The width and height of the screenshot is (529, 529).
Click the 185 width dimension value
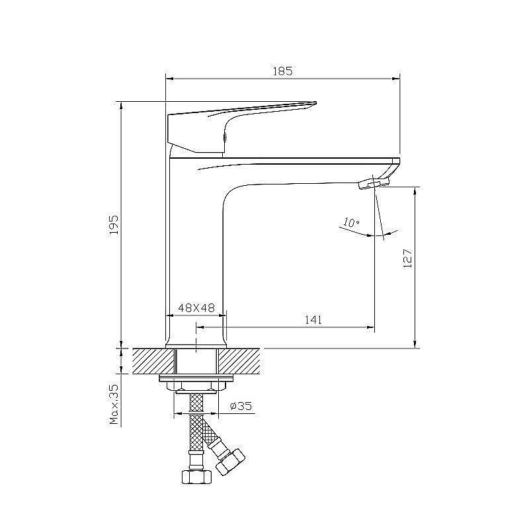[283, 71]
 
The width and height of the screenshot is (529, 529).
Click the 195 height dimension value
[114, 225]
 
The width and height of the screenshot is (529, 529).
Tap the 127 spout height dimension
[407, 259]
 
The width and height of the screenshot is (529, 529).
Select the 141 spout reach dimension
[313, 319]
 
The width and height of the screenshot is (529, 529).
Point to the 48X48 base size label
[196, 307]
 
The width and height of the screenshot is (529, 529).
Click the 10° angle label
[352, 223]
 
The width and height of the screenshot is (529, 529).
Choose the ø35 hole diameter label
[241, 405]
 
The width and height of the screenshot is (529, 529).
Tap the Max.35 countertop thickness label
[114, 404]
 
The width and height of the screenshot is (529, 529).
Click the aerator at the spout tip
[374, 184]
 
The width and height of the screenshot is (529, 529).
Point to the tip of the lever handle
[316, 102]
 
